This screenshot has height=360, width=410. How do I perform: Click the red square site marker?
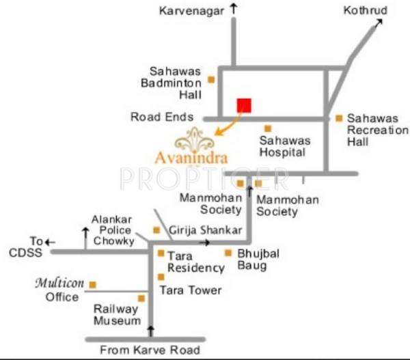coord(244,105)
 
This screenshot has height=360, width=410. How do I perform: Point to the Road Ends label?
coord(162,117)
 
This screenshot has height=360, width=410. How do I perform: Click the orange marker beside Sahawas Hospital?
coord(269,128)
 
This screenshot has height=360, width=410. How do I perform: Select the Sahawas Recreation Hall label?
coord(377,130)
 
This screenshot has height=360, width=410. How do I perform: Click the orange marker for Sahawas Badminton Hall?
coord(211,80)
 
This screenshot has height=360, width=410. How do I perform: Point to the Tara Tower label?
coord(191,290)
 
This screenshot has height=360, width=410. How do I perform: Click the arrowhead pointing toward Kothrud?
coord(379,24)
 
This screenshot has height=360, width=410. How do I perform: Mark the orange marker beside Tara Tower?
coord(161,277)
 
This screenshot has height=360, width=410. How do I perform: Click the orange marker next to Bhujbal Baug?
coord(228,253)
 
